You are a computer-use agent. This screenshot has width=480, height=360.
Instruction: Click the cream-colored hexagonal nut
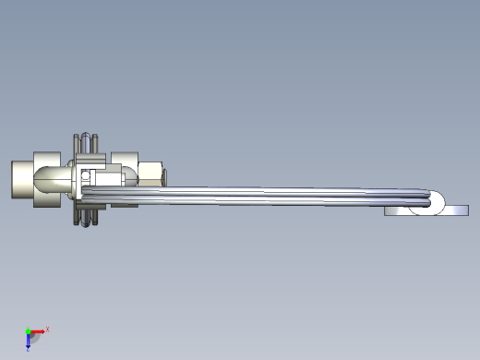150,172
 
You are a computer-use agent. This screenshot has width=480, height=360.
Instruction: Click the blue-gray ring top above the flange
89,141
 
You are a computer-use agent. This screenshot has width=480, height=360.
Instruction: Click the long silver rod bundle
277,197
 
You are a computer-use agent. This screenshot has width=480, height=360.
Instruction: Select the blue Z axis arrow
29,339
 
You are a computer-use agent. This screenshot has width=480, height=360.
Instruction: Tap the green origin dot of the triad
28,331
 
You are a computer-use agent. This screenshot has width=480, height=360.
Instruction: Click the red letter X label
47,329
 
